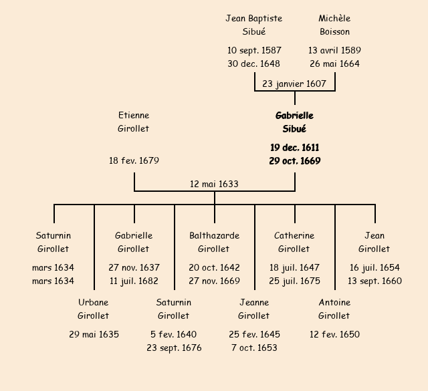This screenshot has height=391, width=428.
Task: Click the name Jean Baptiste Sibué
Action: coord(254,25)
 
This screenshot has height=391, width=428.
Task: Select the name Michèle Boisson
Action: coord(334,25)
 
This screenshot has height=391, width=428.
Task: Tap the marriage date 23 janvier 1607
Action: coord(294,84)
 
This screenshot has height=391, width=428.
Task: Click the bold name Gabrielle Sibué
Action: coord(294,122)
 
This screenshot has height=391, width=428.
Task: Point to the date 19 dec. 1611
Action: coord(294,148)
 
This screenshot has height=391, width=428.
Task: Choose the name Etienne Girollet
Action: coord(134,122)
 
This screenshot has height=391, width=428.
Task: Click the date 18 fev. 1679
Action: coord(134,161)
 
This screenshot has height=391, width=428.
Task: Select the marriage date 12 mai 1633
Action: coord(214,184)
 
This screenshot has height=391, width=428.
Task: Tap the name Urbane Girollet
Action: coord(94,309)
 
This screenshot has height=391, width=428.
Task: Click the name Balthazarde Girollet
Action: coord(214,242)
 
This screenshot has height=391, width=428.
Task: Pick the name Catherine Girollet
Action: coord(294,242)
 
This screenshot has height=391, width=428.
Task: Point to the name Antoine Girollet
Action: coord(334,309)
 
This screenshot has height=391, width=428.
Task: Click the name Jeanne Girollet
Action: coord(254,309)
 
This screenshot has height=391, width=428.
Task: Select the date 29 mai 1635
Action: coord(94,334)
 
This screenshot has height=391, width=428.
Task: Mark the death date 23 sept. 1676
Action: coord(174,348)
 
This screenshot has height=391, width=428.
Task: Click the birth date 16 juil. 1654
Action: coord(374,267)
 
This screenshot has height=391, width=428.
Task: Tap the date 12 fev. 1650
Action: coord(334,334)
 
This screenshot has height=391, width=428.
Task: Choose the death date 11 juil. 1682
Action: coord(134,281)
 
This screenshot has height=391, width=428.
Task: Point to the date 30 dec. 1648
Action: coord(254,64)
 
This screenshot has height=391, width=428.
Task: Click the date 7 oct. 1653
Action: coord(254,348)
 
